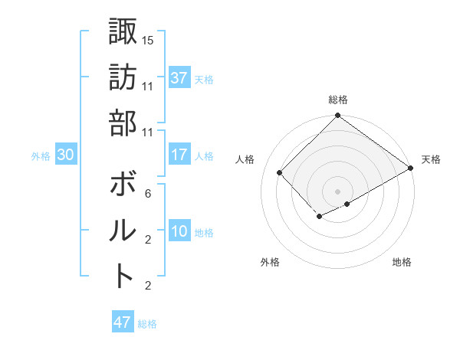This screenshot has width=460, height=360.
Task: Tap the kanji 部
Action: tap(123, 123)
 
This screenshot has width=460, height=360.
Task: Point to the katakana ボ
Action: tap(123, 185)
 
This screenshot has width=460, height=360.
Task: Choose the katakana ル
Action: tap(123, 230)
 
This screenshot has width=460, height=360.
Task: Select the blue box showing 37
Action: tap(179, 78)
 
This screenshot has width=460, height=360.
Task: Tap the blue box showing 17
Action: tap(179, 155)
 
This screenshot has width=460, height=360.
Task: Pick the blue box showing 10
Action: tap(179, 232)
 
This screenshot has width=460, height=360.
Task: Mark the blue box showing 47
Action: tap(123, 322)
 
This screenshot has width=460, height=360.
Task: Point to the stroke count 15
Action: tap(148, 39)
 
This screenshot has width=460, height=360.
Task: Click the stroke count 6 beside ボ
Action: tap(147, 194)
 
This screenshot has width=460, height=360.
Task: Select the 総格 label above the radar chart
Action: tap(338, 100)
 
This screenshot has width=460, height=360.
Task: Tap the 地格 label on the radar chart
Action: tap(402, 262)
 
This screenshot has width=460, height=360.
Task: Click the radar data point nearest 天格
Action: tap(410, 169)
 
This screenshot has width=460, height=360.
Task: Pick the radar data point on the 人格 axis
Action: tap(280, 173)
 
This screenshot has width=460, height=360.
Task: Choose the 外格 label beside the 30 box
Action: tap(41, 156)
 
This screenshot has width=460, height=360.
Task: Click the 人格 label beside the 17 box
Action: tap(204, 155)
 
